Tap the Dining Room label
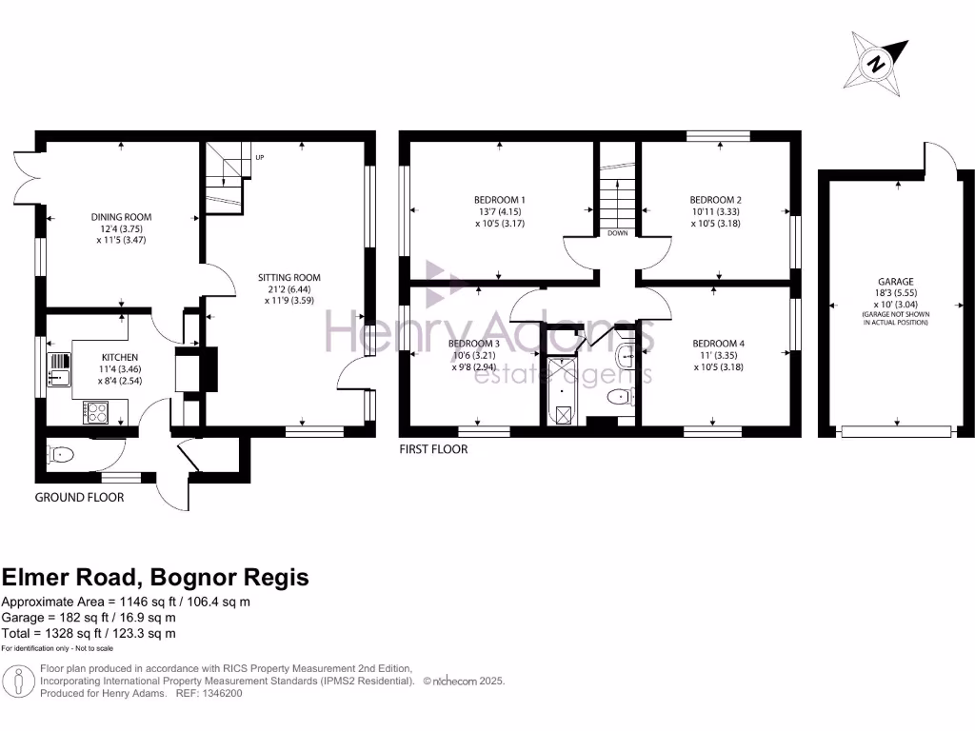[121, 217]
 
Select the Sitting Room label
[286, 278]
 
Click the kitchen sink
[58, 366]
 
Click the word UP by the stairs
[258, 157]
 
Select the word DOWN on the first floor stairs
[618, 231]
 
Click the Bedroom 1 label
[500, 200]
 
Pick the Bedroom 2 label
[715, 200]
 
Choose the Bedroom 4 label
[718, 344]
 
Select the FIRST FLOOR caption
[433, 448]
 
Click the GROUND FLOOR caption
[79, 497]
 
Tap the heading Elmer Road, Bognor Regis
[155, 577]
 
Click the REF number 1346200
[221, 694]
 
